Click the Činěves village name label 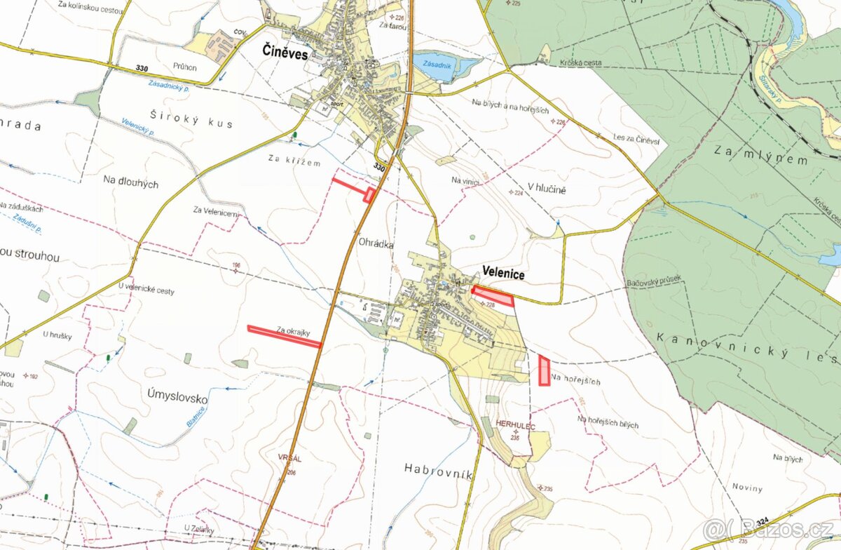point(285,51)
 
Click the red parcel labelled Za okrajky point(284,336)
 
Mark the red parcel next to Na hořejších point(544,370)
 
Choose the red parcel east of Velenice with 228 point(493,296)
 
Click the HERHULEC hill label point(514,425)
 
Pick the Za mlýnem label point(760,155)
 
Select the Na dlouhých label point(130,184)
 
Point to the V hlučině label point(547,189)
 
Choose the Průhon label point(185,67)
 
